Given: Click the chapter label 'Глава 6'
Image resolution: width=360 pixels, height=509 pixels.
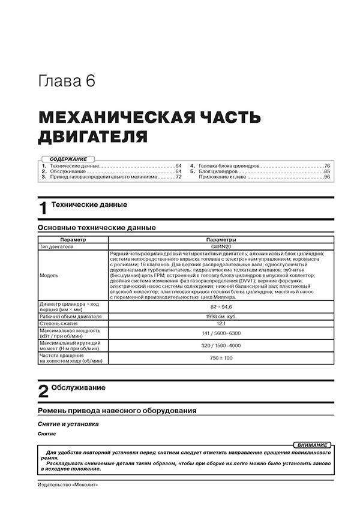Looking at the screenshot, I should tap(65, 82).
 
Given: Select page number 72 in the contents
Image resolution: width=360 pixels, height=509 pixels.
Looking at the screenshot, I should tap(178, 177).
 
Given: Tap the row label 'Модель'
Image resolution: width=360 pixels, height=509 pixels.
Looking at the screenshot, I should tap(49, 275).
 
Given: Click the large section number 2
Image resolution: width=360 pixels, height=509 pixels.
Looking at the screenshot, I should tap(43, 391).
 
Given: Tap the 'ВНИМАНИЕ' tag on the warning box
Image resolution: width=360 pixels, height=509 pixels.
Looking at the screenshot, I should tap(312, 445).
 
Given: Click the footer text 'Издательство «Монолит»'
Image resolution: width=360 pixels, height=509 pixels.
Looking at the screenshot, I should tap(67, 484).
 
